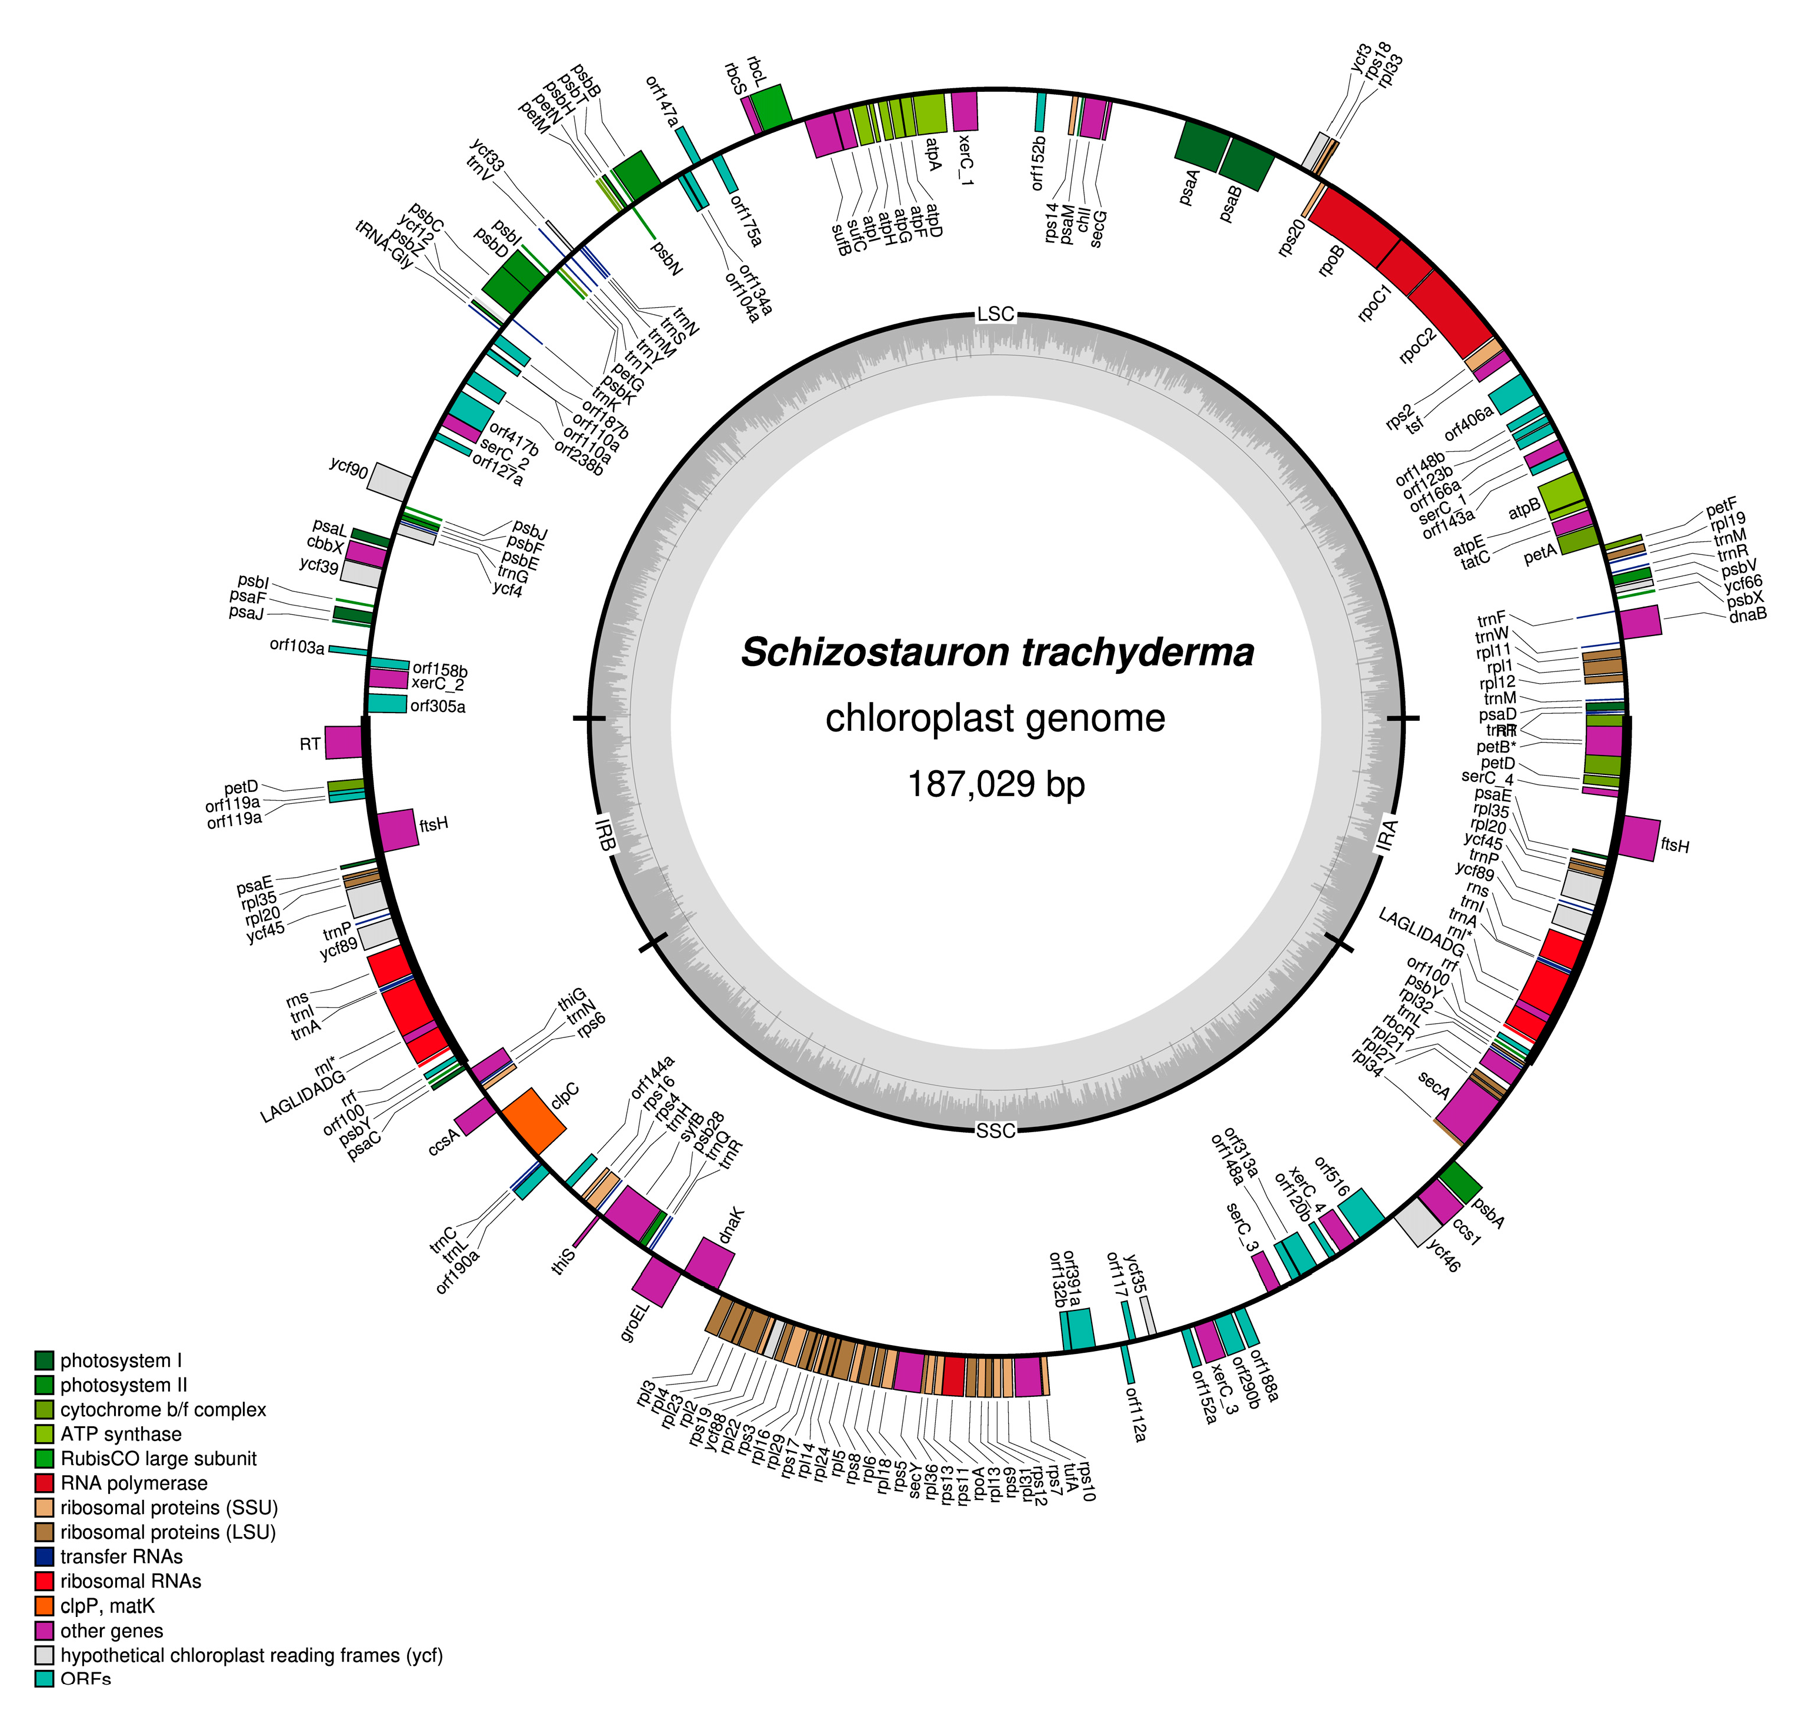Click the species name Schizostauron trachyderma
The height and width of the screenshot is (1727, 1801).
[997, 653]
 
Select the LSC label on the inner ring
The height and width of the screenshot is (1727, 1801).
[995, 314]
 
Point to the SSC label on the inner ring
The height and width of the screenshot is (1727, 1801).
[995, 1130]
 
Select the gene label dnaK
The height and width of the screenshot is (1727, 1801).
[732, 1225]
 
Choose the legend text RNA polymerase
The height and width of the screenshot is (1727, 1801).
[134, 1483]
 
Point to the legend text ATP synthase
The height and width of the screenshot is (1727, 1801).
[121, 1434]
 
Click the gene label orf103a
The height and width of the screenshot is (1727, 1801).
[297, 646]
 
